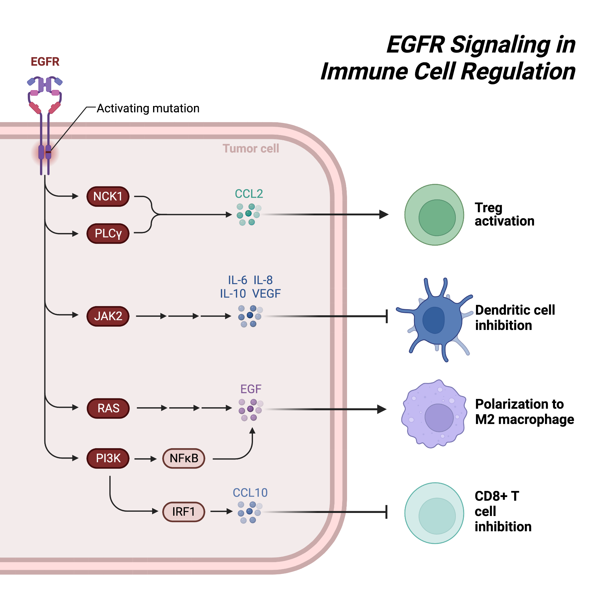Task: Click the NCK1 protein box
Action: [108, 196]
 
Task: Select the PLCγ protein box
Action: [108, 233]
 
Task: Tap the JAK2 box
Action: [108, 316]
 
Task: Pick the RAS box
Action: [108, 408]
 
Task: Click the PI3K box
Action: [108, 458]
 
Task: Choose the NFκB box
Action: [184, 458]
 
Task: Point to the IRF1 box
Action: [183, 511]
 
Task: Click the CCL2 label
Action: [249, 194]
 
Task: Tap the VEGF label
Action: [266, 294]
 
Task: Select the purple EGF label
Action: [251, 389]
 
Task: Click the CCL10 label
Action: [250, 492]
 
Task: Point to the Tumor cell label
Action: [251, 148]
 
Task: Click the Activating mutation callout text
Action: [148, 108]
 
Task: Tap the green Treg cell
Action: [434, 215]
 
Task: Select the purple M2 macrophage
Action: [434, 414]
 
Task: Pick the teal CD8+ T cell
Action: [434, 513]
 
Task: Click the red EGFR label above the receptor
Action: [45, 61]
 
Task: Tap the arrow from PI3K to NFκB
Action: [145, 459]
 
